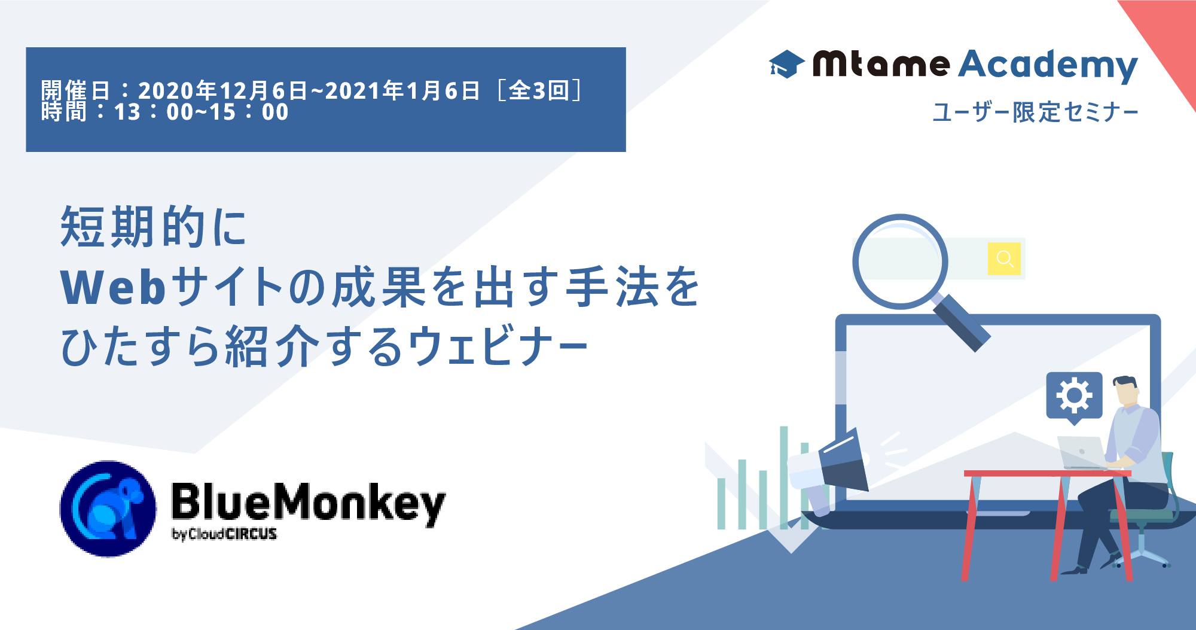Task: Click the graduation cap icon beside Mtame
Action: [786, 64]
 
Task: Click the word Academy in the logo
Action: [1048, 65]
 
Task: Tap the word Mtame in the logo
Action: [881, 64]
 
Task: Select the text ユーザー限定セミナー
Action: [1035, 112]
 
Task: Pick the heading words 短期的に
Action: [154, 227]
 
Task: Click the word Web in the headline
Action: [113, 288]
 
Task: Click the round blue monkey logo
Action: [108, 509]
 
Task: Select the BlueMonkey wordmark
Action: [309, 504]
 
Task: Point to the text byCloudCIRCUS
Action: [224, 534]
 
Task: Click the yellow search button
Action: [1004, 258]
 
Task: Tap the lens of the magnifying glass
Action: [900, 261]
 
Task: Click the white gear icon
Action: [1074, 395]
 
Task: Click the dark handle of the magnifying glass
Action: [961, 322]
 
